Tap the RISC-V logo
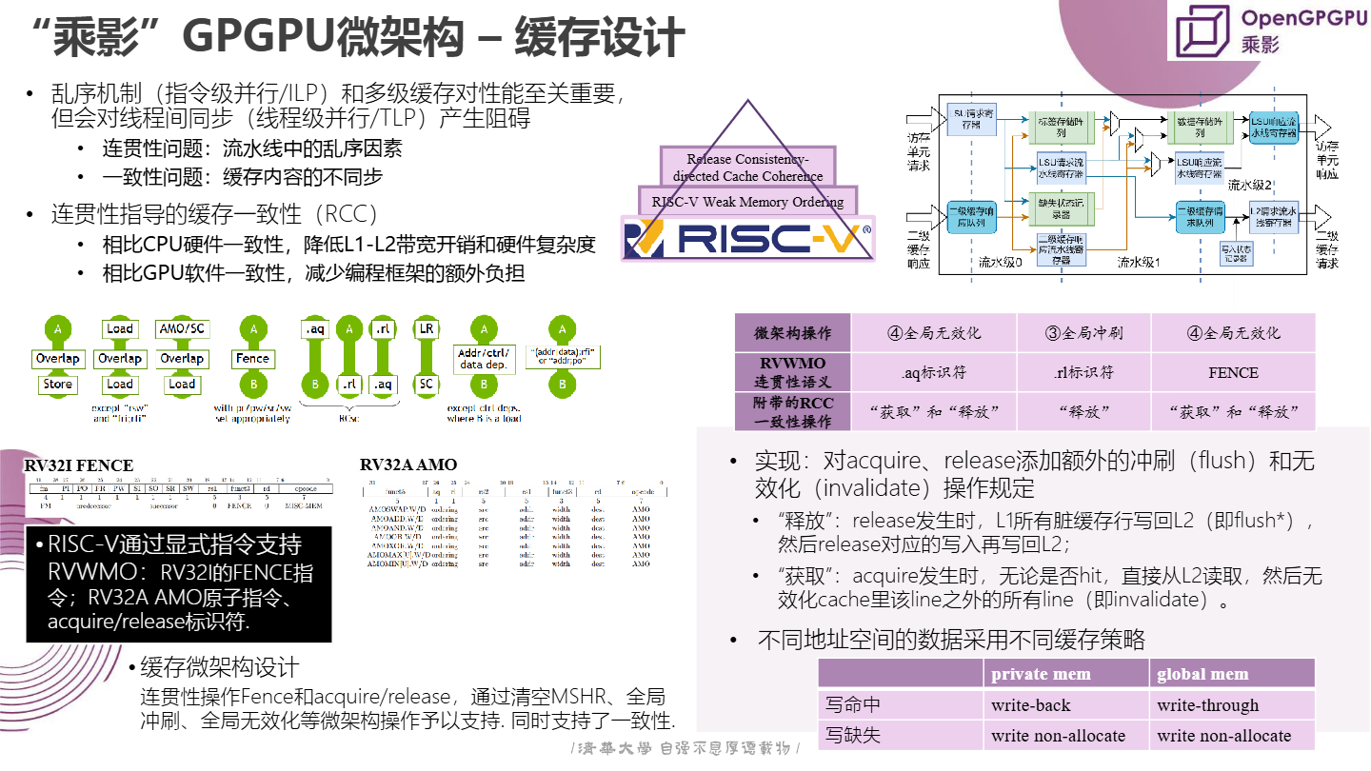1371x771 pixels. [x=747, y=238]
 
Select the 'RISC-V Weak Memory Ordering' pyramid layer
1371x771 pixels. [x=747, y=201]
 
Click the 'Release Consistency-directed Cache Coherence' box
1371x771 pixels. [x=747, y=168]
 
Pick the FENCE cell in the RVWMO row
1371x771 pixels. [x=1233, y=372]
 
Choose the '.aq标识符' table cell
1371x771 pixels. [x=934, y=372]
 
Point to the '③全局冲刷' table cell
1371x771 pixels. [x=1083, y=333]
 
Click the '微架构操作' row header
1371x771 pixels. [x=793, y=333]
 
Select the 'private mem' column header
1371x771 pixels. [x=1041, y=674]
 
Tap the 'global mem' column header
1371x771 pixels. [x=1202, y=674]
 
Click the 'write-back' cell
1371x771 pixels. [x=1031, y=705]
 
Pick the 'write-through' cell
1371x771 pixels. [x=1207, y=705]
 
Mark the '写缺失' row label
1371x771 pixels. [x=853, y=735]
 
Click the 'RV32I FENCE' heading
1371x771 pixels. [x=78, y=465]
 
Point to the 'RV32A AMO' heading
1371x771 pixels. [x=408, y=465]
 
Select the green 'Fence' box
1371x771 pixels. [x=252, y=359]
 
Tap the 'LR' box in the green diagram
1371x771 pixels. [x=427, y=328]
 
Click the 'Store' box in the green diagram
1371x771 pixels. [x=58, y=385]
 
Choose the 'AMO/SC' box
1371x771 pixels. [x=182, y=328]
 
